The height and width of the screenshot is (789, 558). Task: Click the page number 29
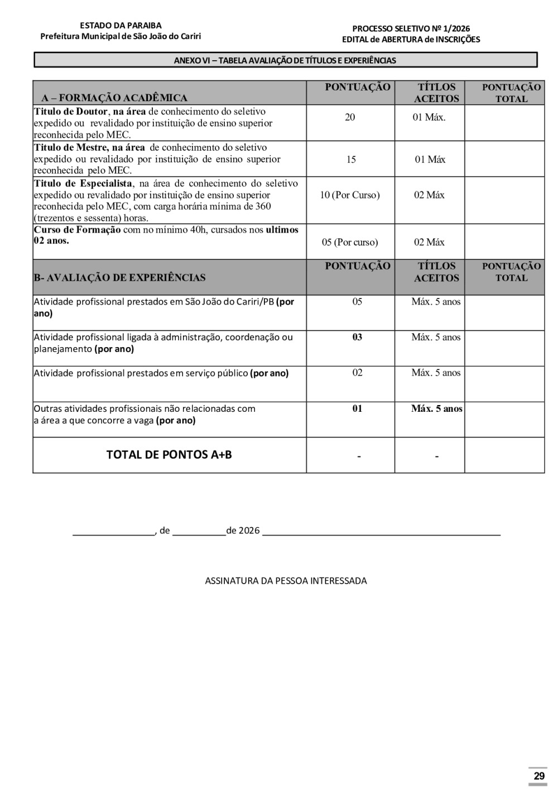point(538,776)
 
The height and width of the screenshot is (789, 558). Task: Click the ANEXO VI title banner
point(285,60)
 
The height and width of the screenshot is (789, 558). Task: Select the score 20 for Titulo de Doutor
point(350,117)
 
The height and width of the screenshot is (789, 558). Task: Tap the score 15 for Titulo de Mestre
point(351,160)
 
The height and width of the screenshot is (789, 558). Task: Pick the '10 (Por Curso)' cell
point(350,195)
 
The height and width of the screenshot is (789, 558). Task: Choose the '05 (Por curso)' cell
point(350,242)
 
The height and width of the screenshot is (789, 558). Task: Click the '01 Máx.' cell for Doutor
point(429,117)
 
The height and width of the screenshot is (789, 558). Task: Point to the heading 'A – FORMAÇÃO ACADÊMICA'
point(114,98)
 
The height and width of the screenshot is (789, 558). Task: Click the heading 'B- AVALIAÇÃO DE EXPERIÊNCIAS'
point(119,277)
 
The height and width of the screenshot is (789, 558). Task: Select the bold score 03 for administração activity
point(357,337)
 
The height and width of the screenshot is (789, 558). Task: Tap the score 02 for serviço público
point(357,373)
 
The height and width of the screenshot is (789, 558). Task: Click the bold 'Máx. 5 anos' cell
point(436,408)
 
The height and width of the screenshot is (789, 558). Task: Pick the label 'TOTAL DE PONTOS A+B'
point(169,455)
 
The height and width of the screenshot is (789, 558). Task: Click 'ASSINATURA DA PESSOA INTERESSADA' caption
point(286,581)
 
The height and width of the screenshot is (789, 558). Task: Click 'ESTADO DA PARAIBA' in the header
point(121,26)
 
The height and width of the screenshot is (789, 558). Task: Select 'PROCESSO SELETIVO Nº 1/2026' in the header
point(411,29)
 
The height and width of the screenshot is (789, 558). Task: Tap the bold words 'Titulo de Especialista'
point(83,184)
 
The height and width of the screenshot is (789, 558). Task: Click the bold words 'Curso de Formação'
point(77,230)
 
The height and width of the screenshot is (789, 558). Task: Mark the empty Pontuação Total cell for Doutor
point(504,123)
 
